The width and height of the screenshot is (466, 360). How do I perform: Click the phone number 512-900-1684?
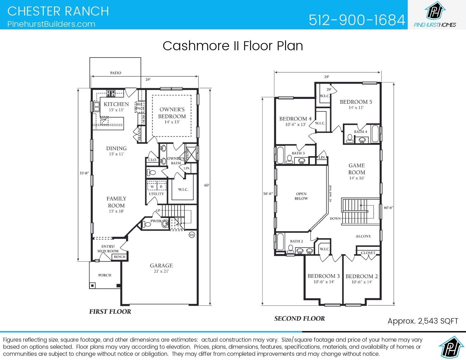(x=357, y=20)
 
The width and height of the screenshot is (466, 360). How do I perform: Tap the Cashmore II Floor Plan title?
(x=233, y=46)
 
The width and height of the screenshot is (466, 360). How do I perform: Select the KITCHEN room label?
(x=116, y=104)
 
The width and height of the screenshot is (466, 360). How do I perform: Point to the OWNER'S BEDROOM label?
(x=172, y=113)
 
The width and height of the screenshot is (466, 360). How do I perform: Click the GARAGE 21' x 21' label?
(x=161, y=268)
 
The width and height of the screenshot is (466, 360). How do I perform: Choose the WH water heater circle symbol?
(x=192, y=235)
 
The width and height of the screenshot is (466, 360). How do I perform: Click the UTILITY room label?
(x=156, y=194)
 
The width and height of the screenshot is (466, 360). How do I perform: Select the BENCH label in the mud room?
(x=119, y=257)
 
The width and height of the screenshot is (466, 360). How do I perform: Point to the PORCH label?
(x=105, y=275)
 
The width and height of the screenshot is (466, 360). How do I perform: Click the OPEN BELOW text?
(x=301, y=196)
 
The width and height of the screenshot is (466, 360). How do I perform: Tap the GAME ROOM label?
(x=356, y=169)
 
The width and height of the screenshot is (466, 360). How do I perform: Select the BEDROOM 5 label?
(x=356, y=102)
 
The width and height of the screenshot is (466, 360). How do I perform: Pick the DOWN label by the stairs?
(x=335, y=219)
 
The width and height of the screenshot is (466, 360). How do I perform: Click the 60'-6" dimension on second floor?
(x=389, y=208)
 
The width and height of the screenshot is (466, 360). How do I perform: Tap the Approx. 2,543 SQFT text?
(x=423, y=321)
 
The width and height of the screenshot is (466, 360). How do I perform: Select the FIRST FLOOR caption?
(x=110, y=311)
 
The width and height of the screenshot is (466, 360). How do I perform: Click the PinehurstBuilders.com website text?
(x=51, y=24)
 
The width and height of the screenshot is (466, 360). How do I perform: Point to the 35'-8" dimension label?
(x=84, y=173)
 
